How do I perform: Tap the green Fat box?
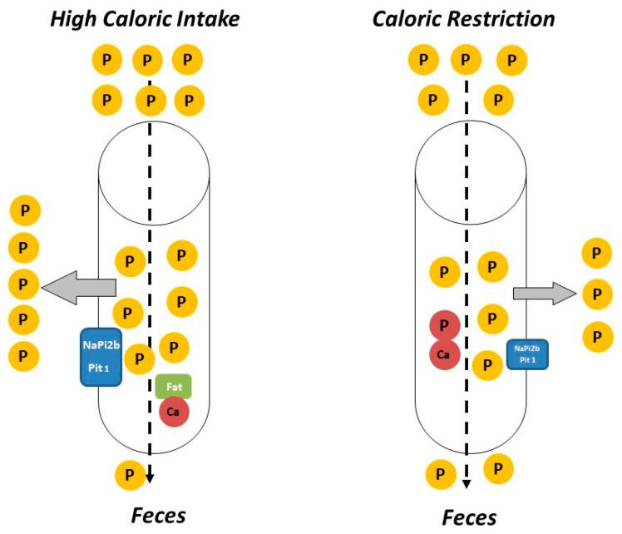point(174,387)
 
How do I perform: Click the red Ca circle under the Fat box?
point(174,411)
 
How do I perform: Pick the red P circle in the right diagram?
point(444,325)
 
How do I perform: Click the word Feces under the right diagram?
point(468,517)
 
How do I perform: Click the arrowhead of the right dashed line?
point(466,483)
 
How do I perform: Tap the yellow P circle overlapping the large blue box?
point(141,359)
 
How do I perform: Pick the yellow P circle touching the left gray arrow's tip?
point(24,284)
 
